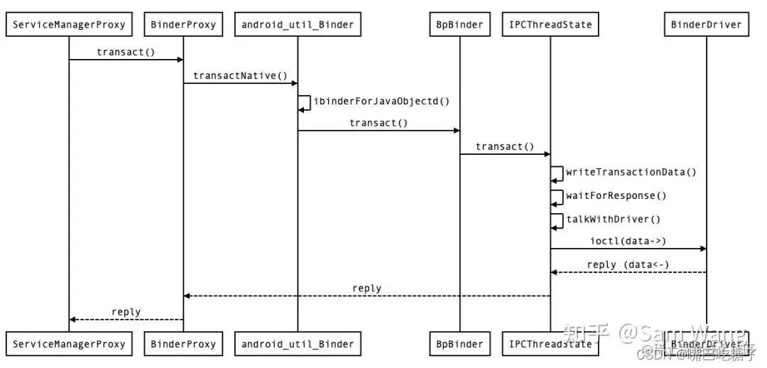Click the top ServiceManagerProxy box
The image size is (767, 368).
69,25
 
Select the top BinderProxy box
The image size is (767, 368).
183,25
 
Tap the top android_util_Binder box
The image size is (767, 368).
298,25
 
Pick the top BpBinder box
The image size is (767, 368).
459,25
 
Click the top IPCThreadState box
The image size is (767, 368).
550,25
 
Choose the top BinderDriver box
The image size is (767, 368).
706,25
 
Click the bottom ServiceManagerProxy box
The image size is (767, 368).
69,344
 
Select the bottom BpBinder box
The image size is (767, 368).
459,344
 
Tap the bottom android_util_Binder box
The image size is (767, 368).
298,344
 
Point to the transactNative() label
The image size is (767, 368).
241,76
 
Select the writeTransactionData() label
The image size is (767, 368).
631,172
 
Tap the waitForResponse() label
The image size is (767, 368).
616,195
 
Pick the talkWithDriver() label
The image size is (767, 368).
613,219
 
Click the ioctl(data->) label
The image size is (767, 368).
628,241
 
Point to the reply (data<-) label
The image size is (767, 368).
628,265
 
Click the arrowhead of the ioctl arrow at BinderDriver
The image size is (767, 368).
702,249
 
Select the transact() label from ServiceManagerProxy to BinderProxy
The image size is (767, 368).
126,52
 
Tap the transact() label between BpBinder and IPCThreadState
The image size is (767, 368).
504,146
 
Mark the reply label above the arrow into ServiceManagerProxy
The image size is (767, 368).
126,312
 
